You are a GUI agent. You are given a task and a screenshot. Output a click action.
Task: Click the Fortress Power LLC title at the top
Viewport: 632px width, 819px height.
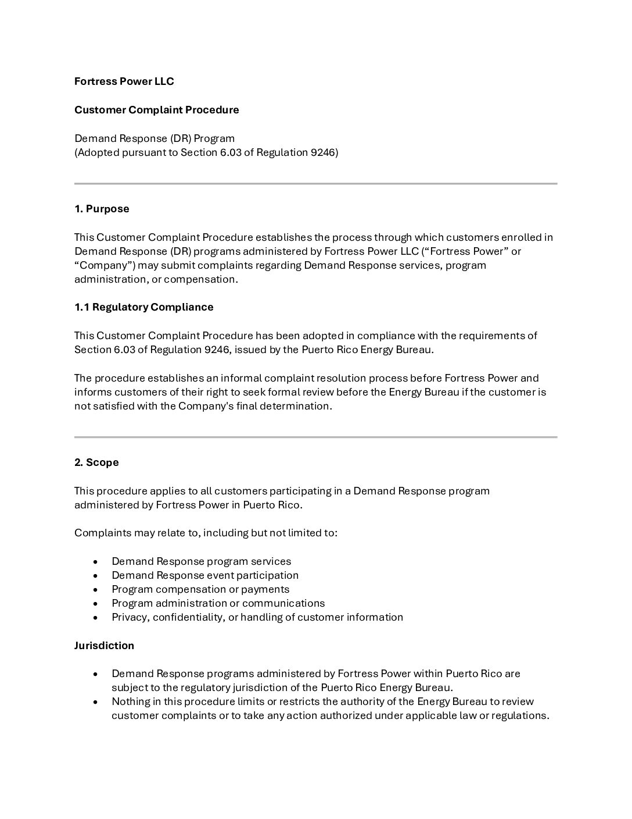pos(124,81)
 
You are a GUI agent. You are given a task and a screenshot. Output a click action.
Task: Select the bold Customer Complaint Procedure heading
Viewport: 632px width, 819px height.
pos(156,110)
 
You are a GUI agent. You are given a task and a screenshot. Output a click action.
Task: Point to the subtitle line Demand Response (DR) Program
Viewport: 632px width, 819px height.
pos(155,138)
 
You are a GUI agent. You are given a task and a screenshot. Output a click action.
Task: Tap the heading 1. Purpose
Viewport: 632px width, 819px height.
pos(102,209)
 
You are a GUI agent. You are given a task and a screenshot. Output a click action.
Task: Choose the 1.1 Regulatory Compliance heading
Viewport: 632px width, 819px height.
pos(143,307)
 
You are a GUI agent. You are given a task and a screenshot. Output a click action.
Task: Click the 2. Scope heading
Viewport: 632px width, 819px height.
pos(96,462)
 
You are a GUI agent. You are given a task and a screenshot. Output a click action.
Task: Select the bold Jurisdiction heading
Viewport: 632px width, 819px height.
pos(104,646)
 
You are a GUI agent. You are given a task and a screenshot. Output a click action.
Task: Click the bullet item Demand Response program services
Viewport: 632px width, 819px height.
pos(201,561)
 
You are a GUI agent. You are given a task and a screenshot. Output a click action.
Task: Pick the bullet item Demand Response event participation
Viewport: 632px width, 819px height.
pos(205,575)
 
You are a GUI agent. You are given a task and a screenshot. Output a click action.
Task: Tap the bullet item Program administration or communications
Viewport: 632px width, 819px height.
pos(218,603)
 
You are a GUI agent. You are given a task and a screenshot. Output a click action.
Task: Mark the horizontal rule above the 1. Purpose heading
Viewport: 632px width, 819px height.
pos(315,184)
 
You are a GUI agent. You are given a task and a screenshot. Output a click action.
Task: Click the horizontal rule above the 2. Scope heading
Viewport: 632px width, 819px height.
pos(315,437)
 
